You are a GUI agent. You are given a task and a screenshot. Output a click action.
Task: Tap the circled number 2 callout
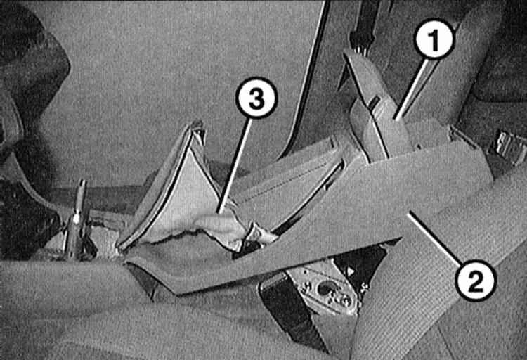(x=475, y=281)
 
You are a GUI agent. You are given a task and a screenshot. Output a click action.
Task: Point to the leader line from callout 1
(x=412, y=89)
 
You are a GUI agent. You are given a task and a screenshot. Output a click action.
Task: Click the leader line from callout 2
(x=434, y=238)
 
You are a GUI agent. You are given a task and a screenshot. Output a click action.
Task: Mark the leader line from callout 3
(x=235, y=165)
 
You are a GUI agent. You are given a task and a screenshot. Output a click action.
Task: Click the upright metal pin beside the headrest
(x=78, y=219)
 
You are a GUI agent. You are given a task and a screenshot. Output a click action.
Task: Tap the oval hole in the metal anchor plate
(x=325, y=288)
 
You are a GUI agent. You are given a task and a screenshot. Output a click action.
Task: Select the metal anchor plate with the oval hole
(x=323, y=290)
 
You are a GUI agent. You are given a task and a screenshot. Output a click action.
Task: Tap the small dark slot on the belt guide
(x=374, y=102)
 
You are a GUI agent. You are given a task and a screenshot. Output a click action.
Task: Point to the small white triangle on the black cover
(x=351, y=271)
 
